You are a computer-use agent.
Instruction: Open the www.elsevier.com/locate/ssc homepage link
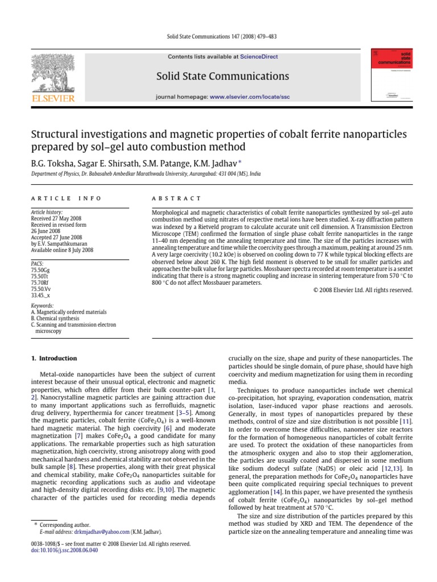pos(250,97)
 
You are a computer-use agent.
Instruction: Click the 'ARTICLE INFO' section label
pos(65,198)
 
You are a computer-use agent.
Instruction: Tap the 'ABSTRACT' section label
pos(176,198)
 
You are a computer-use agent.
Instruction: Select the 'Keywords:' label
pos(42,306)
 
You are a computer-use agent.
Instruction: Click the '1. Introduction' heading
pos(53,359)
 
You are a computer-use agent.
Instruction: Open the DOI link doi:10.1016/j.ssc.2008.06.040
pos(62,550)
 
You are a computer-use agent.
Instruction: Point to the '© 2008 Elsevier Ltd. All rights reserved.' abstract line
pos(363,290)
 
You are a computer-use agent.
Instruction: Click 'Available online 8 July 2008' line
pos(62,250)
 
